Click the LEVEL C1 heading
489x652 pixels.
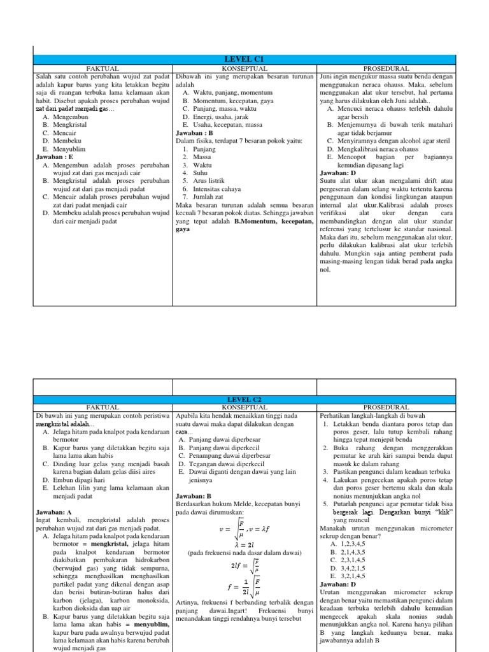click(244, 59)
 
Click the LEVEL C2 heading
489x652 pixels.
click(244, 399)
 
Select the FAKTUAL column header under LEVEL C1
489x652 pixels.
click(103, 67)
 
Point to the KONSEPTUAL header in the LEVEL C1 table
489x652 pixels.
click(244, 67)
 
